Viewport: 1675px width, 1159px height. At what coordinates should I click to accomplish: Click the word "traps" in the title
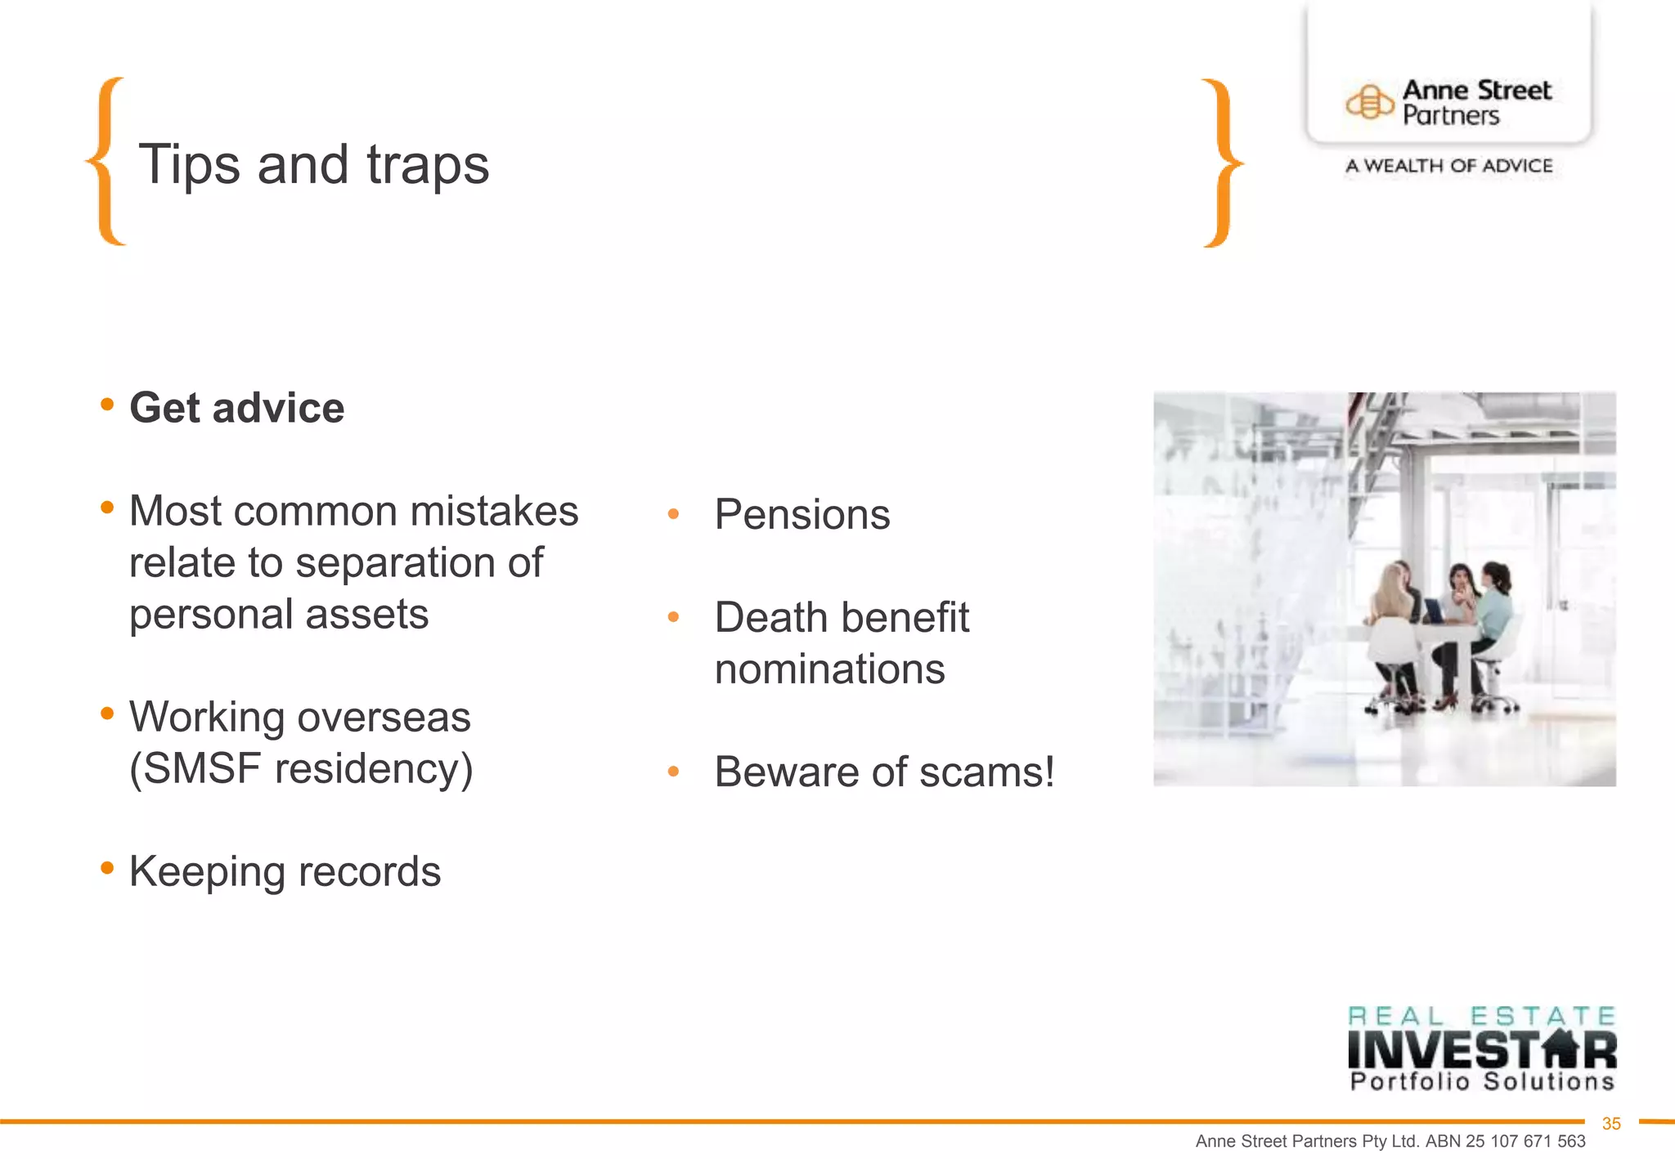point(427,165)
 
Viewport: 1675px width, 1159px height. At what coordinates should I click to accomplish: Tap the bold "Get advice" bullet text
point(237,408)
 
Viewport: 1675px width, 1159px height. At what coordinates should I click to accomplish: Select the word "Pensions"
point(802,514)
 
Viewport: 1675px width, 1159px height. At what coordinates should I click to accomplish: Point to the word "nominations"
point(829,669)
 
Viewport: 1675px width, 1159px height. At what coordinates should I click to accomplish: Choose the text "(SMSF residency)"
point(301,768)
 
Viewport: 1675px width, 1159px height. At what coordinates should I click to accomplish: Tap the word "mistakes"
point(494,512)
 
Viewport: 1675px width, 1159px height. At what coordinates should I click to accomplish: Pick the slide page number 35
point(1610,1124)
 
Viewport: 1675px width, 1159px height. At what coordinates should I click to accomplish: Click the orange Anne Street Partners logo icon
point(1369,103)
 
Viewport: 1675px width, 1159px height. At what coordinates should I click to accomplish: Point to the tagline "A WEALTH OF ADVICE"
point(1448,166)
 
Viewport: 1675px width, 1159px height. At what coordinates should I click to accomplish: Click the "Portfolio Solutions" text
point(1481,1082)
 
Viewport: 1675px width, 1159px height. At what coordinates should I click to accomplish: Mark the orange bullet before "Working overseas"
point(107,714)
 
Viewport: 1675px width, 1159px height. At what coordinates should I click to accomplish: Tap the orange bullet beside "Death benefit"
point(673,617)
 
